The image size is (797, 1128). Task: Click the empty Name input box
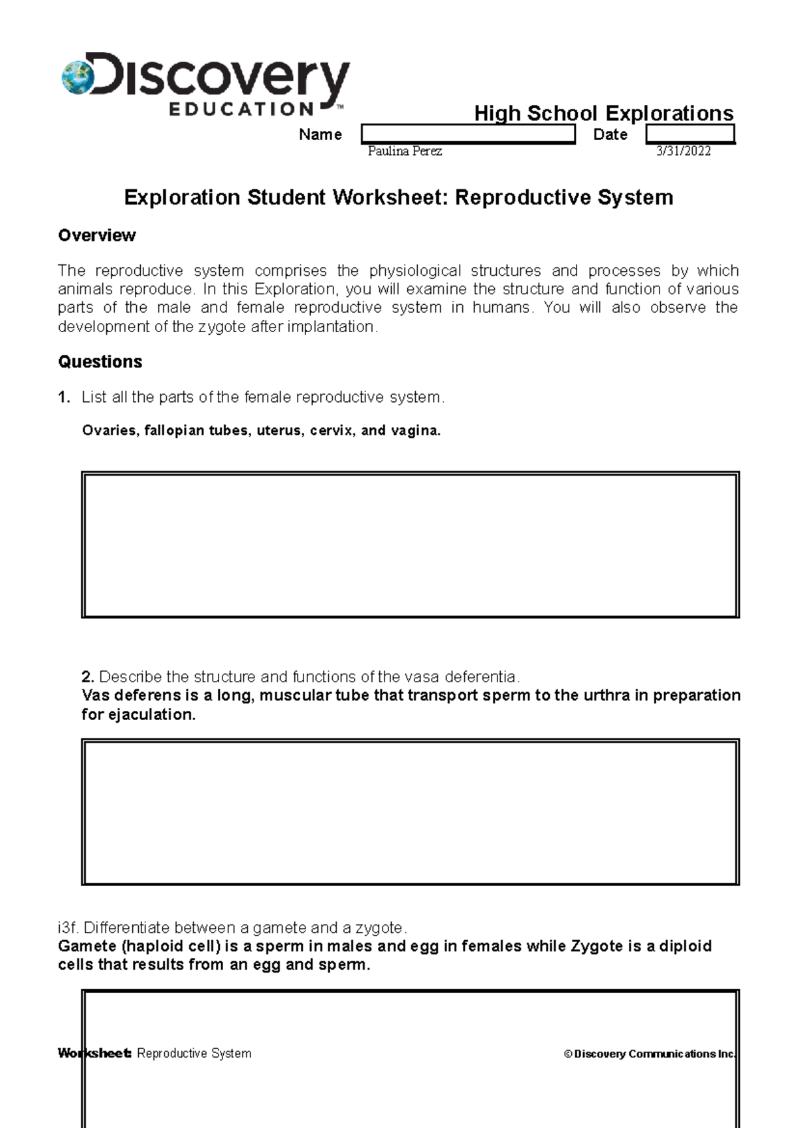pos(468,134)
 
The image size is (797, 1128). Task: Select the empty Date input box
pos(690,134)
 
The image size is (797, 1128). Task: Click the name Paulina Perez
pos(404,151)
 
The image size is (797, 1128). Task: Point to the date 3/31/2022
pos(683,151)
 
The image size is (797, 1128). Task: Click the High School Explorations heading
pos(603,113)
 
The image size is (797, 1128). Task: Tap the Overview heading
pos(97,235)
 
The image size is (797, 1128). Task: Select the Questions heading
pos(100,361)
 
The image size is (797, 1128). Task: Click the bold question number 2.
pos(88,677)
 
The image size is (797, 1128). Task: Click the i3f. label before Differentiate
pos(68,927)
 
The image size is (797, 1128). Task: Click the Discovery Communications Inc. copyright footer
pos(650,1054)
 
